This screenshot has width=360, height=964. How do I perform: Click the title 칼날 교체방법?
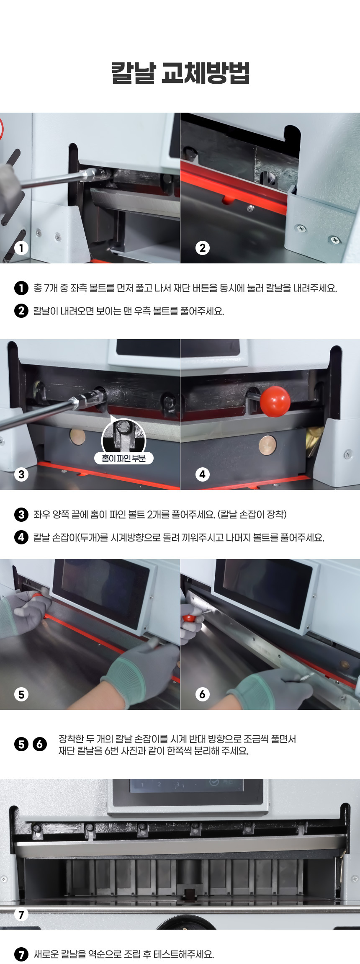click(180, 73)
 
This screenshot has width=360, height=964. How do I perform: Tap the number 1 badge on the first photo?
click(21, 248)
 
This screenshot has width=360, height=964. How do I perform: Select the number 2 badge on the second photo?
click(203, 248)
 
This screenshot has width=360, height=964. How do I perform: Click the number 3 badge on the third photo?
click(21, 474)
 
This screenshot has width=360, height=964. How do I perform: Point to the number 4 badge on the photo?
click(203, 474)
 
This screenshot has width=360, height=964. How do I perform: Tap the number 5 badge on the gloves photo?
click(21, 695)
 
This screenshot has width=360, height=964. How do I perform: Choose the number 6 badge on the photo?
click(203, 695)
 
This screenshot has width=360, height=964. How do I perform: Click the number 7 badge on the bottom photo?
click(21, 915)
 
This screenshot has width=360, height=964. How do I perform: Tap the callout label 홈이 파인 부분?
click(124, 459)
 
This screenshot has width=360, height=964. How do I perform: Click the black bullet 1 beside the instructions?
click(21, 288)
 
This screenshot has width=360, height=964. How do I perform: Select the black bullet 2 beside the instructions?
click(21, 311)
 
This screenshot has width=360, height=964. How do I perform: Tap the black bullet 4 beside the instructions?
click(21, 537)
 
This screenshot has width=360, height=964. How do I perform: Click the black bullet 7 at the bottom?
click(21, 954)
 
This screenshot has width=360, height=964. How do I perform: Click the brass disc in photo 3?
click(77, 437)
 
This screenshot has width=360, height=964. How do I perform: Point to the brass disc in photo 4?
click(267, 445)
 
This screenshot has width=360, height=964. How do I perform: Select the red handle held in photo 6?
click(189, 618)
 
